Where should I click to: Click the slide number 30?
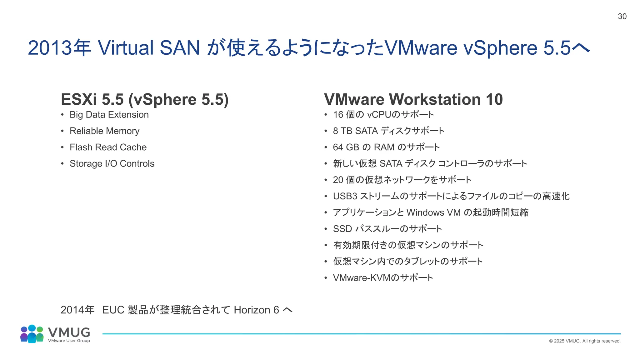point(622,17)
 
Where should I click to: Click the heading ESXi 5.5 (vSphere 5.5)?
point(145,99)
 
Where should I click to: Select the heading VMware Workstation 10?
point(413,99)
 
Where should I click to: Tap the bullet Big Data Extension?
point(109,115)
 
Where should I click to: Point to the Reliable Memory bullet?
point(104,131)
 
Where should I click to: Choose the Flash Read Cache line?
point(108,147)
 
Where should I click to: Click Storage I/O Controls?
point(112,163)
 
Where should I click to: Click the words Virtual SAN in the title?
point(149,48)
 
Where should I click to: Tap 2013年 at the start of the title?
point(59,48)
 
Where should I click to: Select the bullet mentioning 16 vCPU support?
point(383,115)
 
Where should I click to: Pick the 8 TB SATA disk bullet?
point(388,131)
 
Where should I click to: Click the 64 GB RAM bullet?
point(386,147)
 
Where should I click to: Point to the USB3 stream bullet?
point(451,196)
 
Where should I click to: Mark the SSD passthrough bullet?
point(387,229)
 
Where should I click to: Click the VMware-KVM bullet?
point(383,278)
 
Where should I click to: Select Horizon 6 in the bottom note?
point(256,310)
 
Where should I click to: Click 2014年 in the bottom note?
point(77,310)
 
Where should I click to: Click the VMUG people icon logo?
point(32,334)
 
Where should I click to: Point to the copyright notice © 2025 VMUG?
point(584,341)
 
